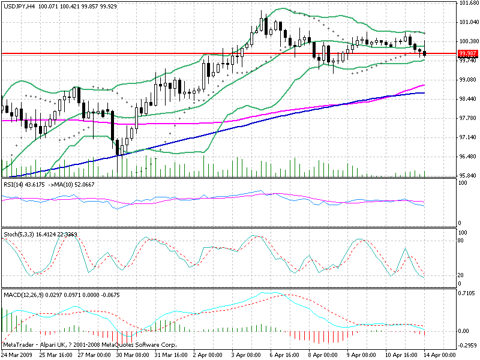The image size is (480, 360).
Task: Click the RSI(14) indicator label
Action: pyautogui.click(x=14, y=184)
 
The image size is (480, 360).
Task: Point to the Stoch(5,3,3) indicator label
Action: pyautogui.click(x=19, y=233)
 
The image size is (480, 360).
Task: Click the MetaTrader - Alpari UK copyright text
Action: pyautogui.click(x=90, y=346)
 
